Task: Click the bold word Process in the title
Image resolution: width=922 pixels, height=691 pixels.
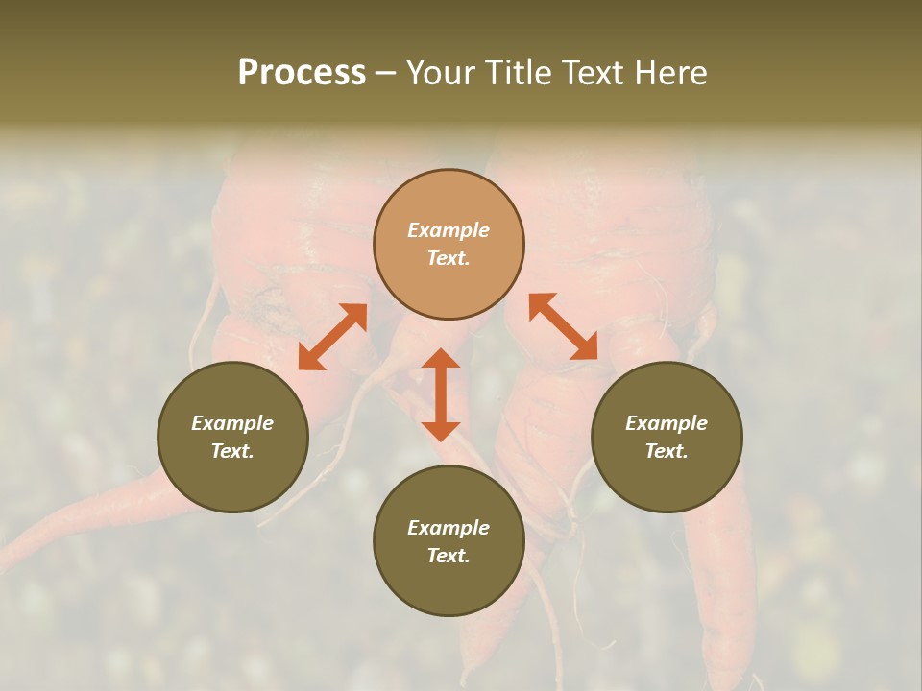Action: click(302, 73)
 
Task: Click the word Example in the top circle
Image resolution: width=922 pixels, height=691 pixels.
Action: click(449, 230)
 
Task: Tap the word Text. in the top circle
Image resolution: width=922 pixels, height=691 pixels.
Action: click(449, 258)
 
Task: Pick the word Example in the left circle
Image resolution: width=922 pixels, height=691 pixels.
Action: click(232, 423)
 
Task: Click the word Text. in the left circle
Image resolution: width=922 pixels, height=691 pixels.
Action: click(232, 451)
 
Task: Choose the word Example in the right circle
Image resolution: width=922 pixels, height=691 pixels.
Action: click(667, 423)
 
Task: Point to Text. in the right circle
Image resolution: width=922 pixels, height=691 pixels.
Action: click(667, 451)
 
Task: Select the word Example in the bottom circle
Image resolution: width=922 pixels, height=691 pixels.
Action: click(449, 528)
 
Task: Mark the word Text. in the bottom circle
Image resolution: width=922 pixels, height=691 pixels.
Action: click(449, 556)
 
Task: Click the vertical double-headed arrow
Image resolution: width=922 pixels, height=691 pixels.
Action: click(441, 394)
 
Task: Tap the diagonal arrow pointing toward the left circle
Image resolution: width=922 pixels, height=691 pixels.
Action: click(332, 337)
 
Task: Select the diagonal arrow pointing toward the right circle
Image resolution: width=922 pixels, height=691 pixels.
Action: click(564, 326)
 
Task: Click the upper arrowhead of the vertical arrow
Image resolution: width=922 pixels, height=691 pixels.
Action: click(441, 358)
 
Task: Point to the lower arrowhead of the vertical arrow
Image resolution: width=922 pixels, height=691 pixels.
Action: click(441, 431)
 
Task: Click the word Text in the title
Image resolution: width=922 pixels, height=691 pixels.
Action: click(593, 73)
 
